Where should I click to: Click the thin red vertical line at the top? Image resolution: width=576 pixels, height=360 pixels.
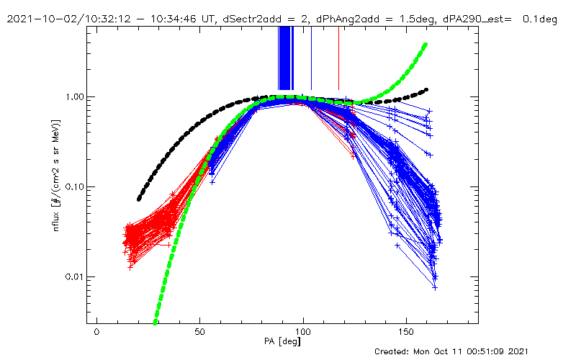click(x=338, y=58)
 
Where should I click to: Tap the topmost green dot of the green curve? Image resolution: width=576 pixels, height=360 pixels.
click(x=426, y=45)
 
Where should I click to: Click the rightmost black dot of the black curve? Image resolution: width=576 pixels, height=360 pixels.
click(x=427, y=90)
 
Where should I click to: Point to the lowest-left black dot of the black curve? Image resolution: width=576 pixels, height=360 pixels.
click(x=140, y=199)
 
